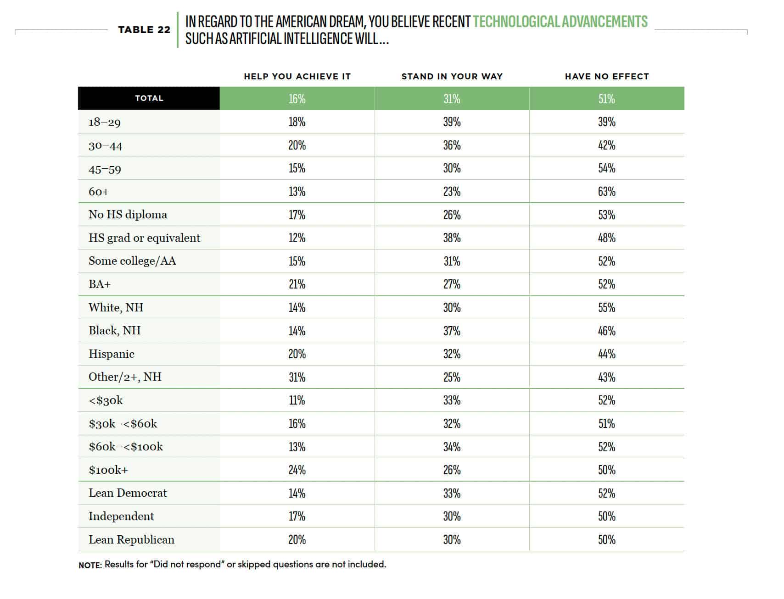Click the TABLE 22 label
tap(144, 30)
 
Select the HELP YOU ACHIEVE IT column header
tap(297, 77)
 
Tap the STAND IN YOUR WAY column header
tap(452, 77)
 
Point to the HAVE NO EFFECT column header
tap(607, 77)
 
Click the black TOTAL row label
tap(149, 98)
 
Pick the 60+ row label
tap(99, 191)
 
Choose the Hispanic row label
tap(112, 354)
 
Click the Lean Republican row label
tap(132, 539)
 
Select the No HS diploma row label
tap(128, 215)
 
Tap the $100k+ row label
tap(108, 470)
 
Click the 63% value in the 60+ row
tap(607, 191)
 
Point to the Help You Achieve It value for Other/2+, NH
tap(297, 377)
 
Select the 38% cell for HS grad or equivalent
tap(452, 238)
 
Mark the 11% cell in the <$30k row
tap(297, 400)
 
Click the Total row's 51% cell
tap(607, 99)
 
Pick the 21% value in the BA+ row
tap(297, 284)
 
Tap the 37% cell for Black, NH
tap(452, 331)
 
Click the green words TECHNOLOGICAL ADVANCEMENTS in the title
tap(560, 22)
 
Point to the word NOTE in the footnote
tap(90, 565)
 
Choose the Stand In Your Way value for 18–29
tap(452, 122)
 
